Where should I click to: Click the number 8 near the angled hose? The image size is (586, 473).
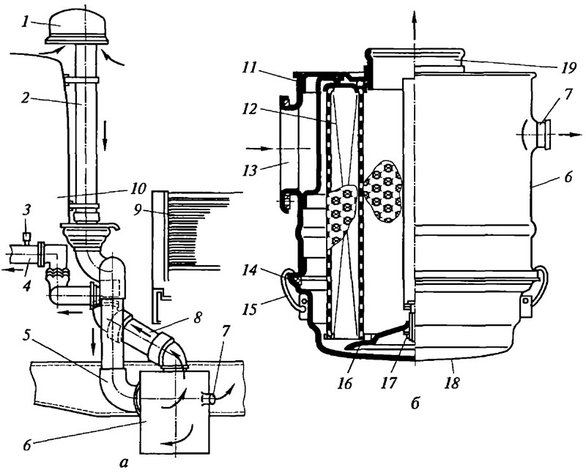click(198, 317)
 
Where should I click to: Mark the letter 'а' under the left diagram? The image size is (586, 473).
click(123, 463)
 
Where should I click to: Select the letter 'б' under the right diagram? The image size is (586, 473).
click(415, 403)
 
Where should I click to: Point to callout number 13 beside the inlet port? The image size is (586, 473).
click(249, 171)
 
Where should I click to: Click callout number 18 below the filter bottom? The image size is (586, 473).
click(452, 383)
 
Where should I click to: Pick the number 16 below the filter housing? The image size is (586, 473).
click(344, 384)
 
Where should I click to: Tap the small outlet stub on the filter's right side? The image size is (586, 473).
click(544, 134)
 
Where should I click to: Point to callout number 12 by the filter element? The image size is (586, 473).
click(249, 110)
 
